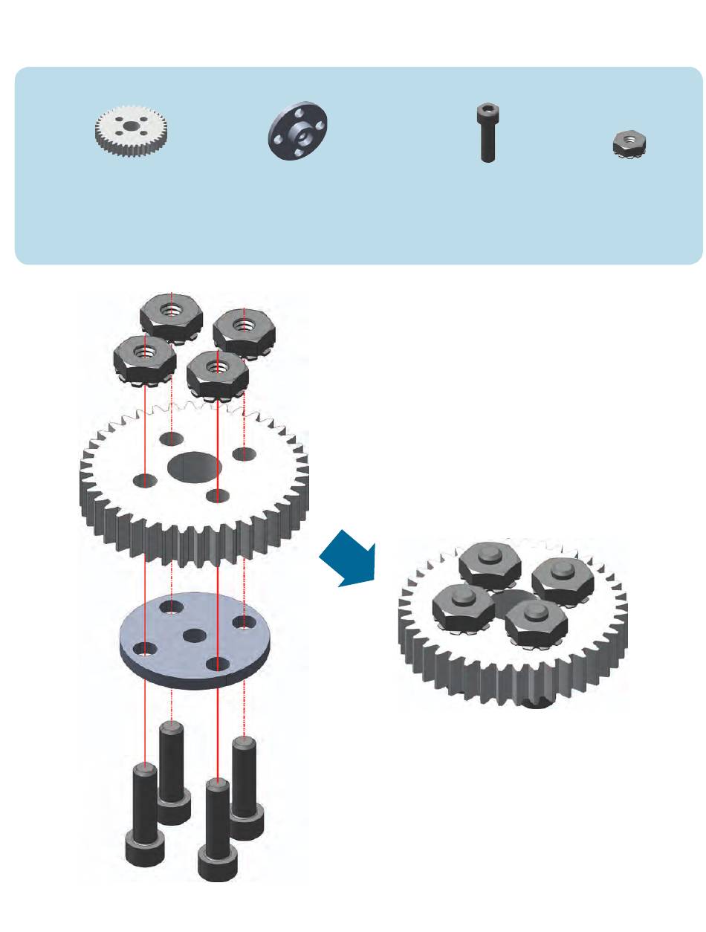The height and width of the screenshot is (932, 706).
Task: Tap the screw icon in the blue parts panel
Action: coord(487,133)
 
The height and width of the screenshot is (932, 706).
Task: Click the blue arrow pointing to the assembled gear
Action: coord(348,559)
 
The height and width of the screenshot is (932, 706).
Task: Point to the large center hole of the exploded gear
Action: coord(194,467)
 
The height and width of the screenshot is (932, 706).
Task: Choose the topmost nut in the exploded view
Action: coord(172,316)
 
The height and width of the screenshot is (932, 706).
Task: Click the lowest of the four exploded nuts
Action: coord(217,374)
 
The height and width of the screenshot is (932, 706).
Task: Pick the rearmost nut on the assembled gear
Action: coord(488,566)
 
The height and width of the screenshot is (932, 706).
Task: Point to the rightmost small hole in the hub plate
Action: coord(241,621)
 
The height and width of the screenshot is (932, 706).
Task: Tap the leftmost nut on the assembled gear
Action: coord(462,603)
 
